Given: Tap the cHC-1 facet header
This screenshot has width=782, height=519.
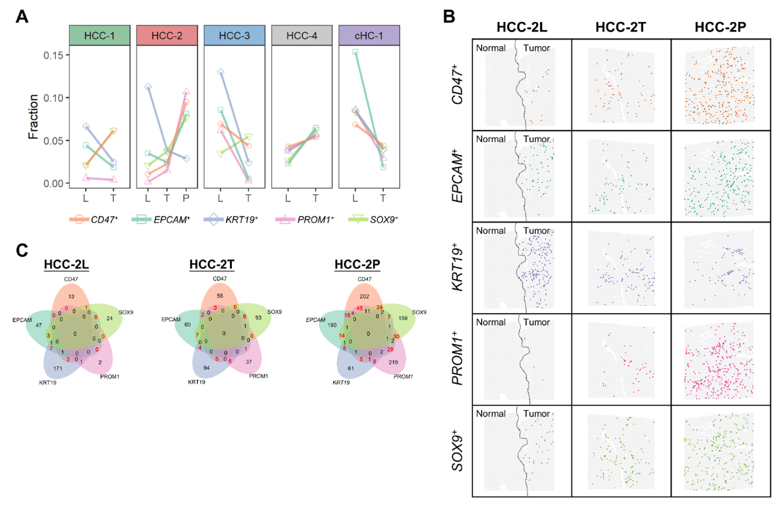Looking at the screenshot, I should click(x=369, y=35).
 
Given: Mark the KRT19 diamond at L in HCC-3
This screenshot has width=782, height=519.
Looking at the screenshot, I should click(x=220, y=72).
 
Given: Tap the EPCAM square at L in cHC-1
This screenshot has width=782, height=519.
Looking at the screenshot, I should click(x=356, y=52).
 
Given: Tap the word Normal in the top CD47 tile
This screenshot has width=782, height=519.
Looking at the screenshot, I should click(x=490, y=48).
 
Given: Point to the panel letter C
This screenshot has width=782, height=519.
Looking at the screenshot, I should click(x=21, y=249).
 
